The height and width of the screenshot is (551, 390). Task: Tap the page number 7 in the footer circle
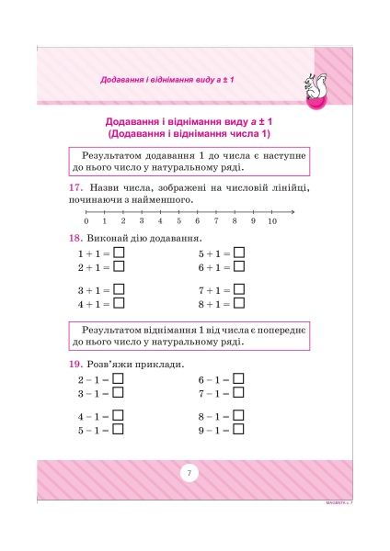click(188, 473)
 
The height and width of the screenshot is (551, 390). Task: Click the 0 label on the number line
click(86, 221)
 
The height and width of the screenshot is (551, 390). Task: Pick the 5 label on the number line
click(178, 221)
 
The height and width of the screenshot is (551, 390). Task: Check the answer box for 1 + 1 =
click(119, 253)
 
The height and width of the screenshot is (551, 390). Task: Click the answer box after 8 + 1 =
click(239, 304)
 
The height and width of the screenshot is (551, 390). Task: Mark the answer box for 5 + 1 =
click(239, 253)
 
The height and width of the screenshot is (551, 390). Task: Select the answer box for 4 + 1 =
click(119, 304)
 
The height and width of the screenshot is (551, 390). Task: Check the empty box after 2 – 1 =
click(118, 379)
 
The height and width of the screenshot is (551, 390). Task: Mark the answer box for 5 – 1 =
click(118, 430)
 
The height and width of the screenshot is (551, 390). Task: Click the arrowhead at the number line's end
click(292, 211)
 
